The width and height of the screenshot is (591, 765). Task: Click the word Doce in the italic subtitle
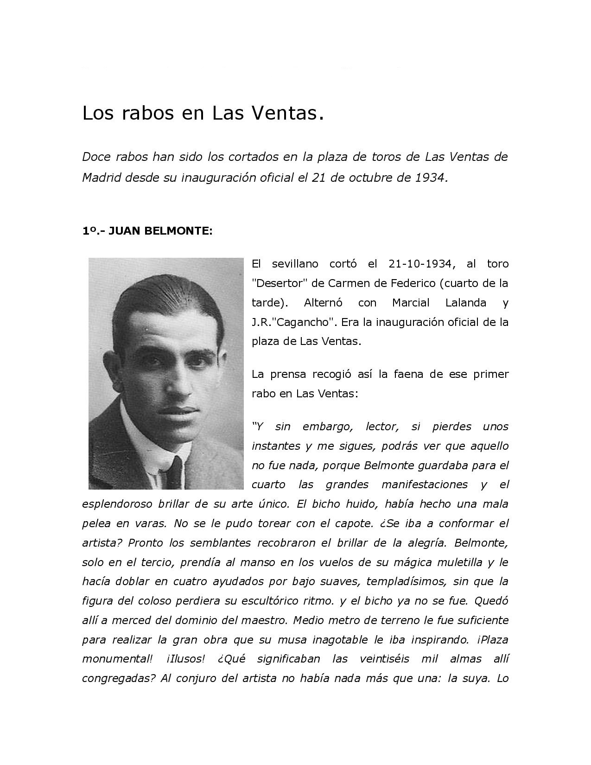point(95,157)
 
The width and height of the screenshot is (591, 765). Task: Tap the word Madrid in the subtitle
point(102,178)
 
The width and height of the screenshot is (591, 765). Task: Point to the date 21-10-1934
point(420,264)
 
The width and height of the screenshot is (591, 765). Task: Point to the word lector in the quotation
point(382,427)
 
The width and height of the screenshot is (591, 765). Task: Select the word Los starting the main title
point(98,113)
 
